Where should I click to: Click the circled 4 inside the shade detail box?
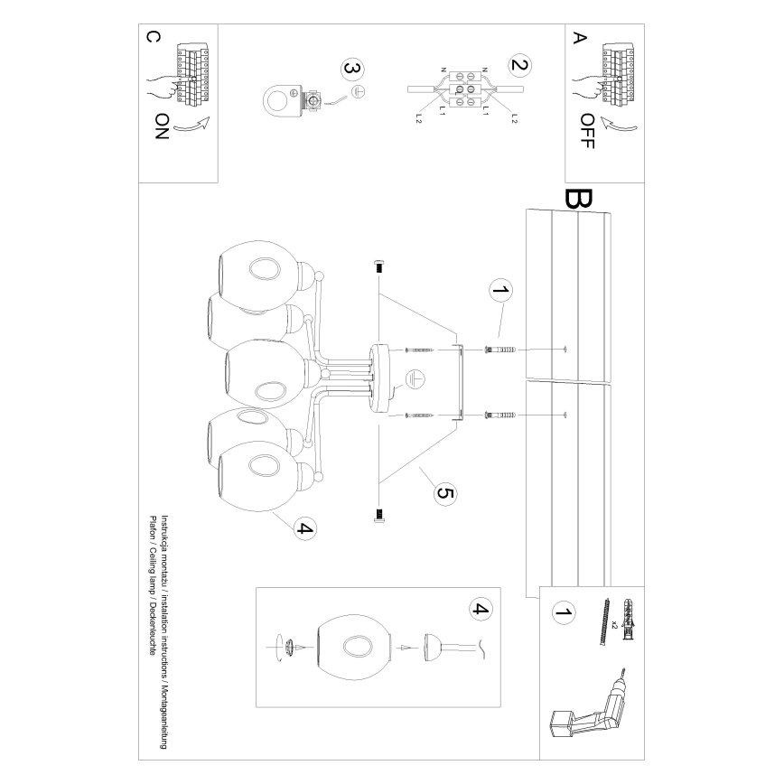pos(481,610)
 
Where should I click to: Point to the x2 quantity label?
pos(613,625)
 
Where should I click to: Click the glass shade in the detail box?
pos(355,648)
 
